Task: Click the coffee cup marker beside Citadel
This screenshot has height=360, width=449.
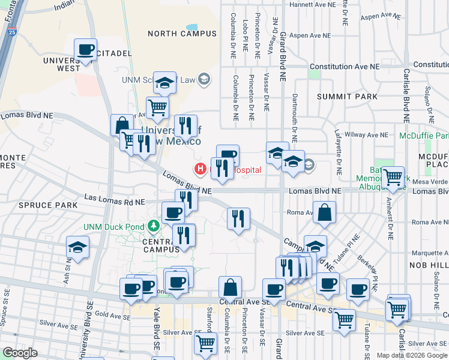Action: (85, 50)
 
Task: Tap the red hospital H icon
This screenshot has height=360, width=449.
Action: (197, 170)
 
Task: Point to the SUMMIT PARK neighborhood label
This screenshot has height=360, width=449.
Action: (351, 97)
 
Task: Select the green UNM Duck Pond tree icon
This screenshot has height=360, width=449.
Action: (154, 225)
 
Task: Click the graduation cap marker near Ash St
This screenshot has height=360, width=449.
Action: (77, 247)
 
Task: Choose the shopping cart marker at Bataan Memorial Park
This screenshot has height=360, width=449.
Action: (393, 177)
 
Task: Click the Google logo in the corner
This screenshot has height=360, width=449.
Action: (20, 353)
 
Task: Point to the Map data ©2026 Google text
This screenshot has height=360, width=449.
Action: (412, 355)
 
